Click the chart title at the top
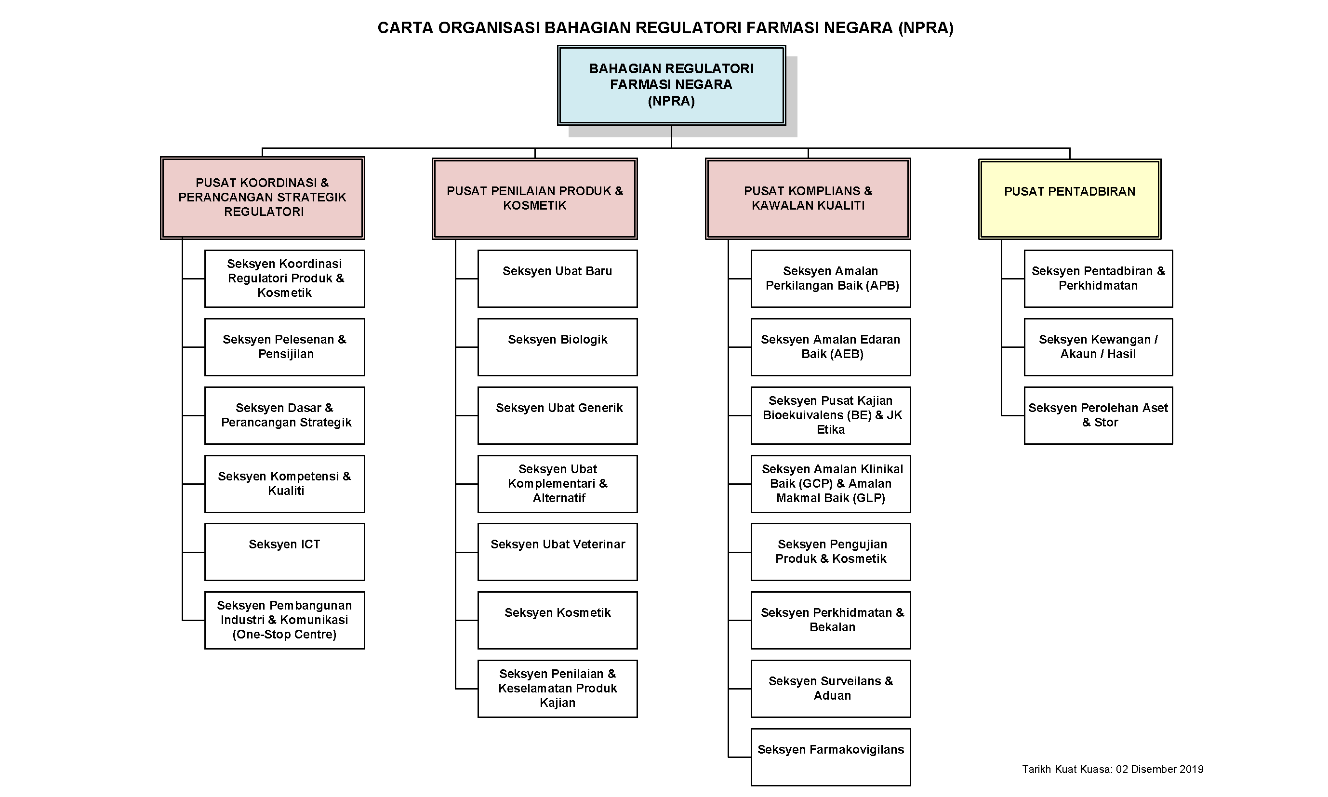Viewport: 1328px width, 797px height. tap(665, 28)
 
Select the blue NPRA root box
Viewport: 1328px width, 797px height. tap(671, 85)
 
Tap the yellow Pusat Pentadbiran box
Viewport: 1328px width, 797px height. tap(1069, 199)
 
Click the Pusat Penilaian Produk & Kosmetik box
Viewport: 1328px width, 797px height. tap(534, 198)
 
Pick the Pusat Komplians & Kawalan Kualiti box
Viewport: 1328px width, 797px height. tap(808, 198)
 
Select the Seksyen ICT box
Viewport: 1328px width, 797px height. tap(284, 552)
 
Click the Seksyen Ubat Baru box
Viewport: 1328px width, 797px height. tap(558, 278)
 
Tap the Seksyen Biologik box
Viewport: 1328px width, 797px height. tap(558, 346)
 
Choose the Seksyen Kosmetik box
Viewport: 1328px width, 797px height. tap(558, 620)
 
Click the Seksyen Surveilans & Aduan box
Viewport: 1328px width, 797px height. tap(830, 688)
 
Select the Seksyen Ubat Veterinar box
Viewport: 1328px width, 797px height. tap(558, 552)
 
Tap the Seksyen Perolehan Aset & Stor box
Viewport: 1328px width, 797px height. tap(1098, 415)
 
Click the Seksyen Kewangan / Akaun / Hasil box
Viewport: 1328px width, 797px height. tap(1098, 346)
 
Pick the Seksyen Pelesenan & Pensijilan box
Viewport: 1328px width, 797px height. tap(284, 346)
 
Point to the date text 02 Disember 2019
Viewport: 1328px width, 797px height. tap(1159, 769)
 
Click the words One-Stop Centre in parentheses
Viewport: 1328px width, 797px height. tap(284, 634)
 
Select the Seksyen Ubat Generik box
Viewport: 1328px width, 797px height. tap(558, 415)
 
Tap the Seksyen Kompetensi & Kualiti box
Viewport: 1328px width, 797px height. tap(284, 483)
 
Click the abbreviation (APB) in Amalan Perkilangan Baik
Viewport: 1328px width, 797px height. tap(882, 286)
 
